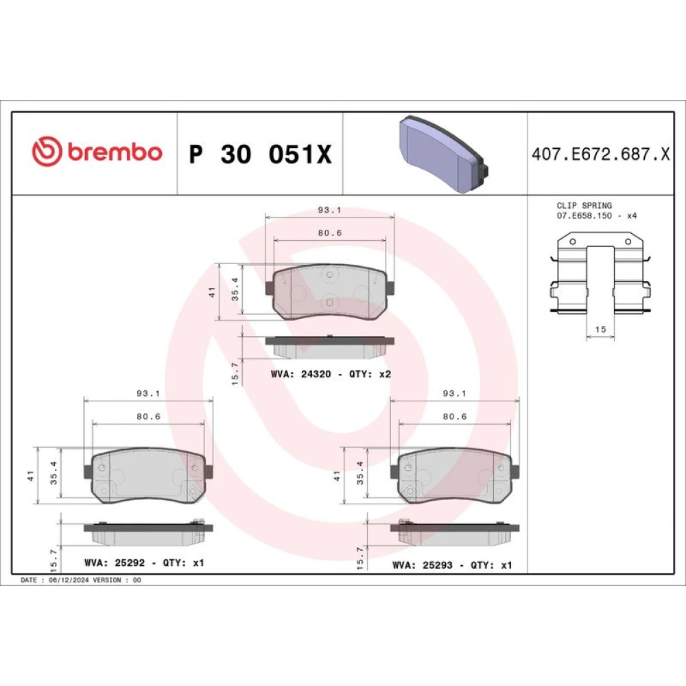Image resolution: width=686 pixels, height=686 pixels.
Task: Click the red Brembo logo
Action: [97, 152]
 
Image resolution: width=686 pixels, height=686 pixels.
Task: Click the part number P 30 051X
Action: [260, 154]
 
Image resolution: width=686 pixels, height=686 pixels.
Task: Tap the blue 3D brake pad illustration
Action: [442, 154]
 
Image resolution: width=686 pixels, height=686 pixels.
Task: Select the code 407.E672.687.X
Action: [601, 154]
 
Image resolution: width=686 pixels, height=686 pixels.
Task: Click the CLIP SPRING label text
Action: [584, 205]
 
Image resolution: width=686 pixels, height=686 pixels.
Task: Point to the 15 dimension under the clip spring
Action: [601, 329]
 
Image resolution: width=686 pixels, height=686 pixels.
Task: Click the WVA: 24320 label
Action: [300, 374]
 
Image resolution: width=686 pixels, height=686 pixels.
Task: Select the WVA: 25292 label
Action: [115, 563]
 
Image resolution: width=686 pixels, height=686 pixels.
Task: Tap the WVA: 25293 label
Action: [422, 565]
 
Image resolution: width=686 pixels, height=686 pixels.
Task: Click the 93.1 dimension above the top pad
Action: [329, 210]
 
